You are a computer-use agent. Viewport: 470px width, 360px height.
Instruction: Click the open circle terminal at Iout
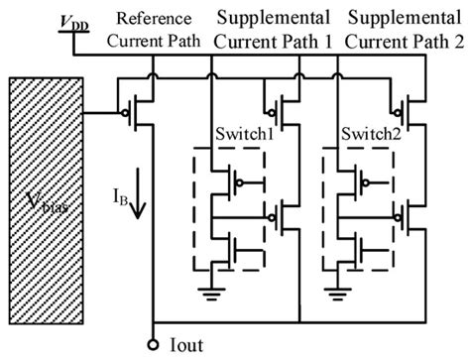click(155, 344)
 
